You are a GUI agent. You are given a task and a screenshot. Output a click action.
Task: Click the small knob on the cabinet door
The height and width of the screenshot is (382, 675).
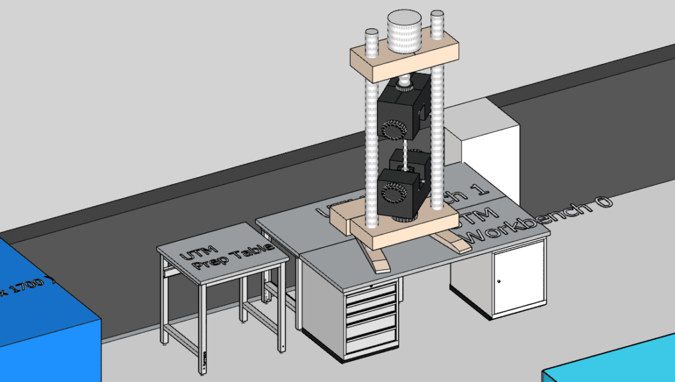(x=499, y=281)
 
